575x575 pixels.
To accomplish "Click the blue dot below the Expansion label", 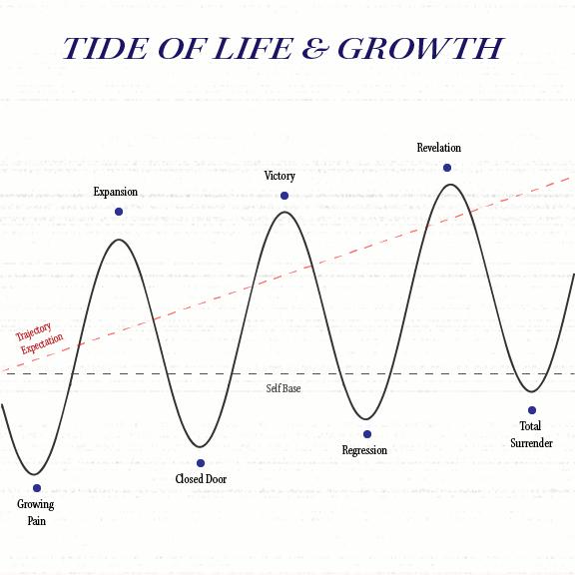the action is pyautogui.click(x=119, y=212).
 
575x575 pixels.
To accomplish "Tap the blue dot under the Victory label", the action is pyautogui.click(x=285, y=196).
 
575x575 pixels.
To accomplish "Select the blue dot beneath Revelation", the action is pyautogui.click(x=447, y=168).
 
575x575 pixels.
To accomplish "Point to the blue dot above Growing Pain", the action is pyautogui.click(x=37, y=488).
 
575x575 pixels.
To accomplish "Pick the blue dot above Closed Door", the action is pyautogui.click(x=201, y=463).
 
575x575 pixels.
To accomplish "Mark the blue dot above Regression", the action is pyautogui.click(x=367, y=434).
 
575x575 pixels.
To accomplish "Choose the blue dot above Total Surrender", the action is pyautogui.click(x=532, y=410).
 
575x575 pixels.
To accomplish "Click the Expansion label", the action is pyautogui.click(x=116, y=192).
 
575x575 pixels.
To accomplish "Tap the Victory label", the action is pyautogui.click(x=280, y=176).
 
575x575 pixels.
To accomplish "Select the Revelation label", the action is pyautogui.click(x=439, y=148).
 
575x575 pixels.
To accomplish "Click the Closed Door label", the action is pyautogui.click(x=201, y=479).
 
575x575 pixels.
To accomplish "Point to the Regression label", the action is pyautogui.click(x=364, y=450).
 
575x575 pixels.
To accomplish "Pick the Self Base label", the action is pyautogui.click(x=284, y=388).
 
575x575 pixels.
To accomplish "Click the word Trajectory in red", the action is pyautogui.click(x=33, y=331).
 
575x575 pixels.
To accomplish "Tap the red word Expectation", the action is pyautogui.click(x=42, y=344).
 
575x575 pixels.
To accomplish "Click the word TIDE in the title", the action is pyautogui.click(x=105, y=48).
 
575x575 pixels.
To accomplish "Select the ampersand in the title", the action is pyautogui.click(x=314, y=48).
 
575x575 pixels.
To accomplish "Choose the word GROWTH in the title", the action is pyautogui.click(x=420, y=48).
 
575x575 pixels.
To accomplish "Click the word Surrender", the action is pyautogui.click(x=531, y=443).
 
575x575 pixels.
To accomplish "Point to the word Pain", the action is pyautogui.click(x=37, y=521).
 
